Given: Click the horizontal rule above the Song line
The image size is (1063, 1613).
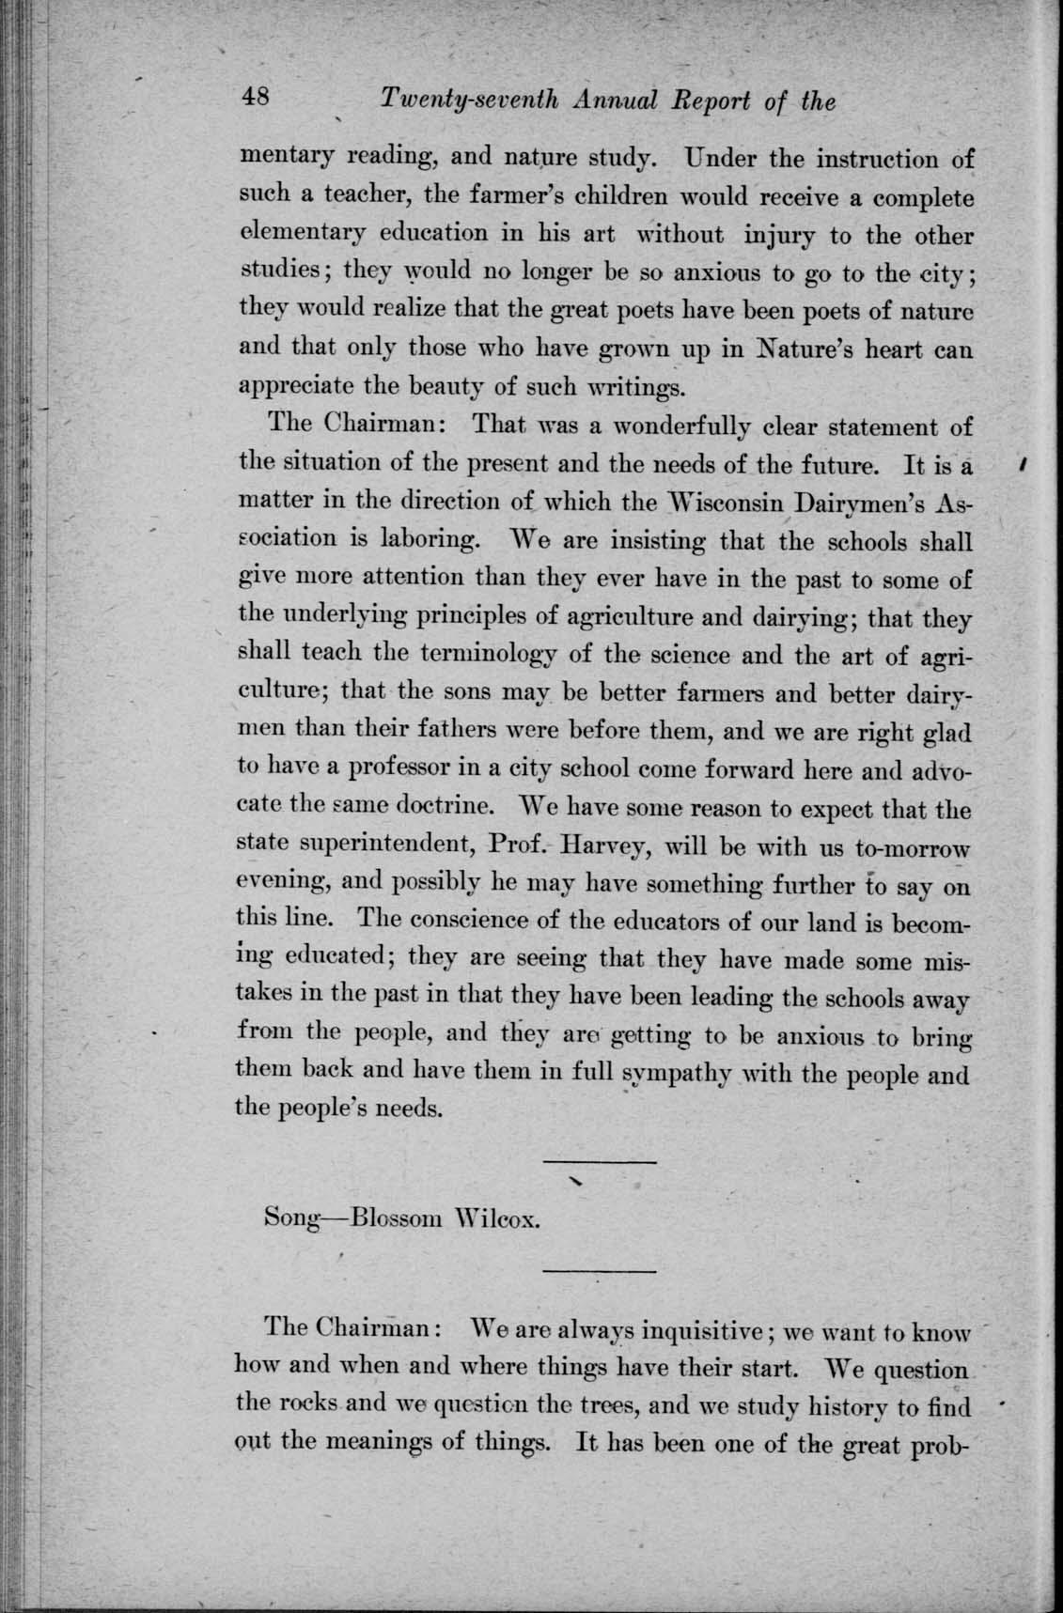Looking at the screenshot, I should pos(600,1165).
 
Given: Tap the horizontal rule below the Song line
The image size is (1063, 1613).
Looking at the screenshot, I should pos(600,1272).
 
